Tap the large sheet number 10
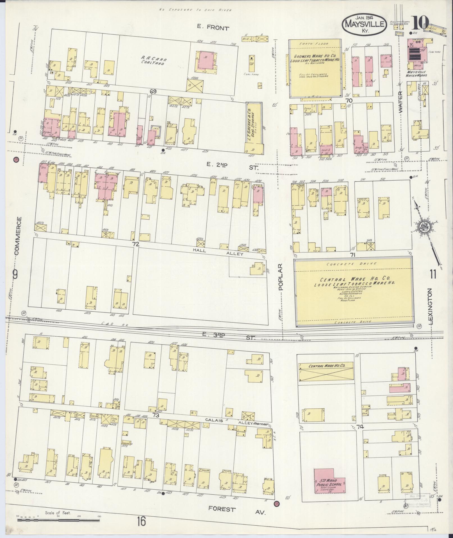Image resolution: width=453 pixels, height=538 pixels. tap(420, 23)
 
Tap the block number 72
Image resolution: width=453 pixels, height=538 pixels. tap(136, 244)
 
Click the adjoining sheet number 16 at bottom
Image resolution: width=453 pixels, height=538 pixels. tap(142, 522)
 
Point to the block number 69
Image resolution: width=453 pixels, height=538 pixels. tap(153, 91)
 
